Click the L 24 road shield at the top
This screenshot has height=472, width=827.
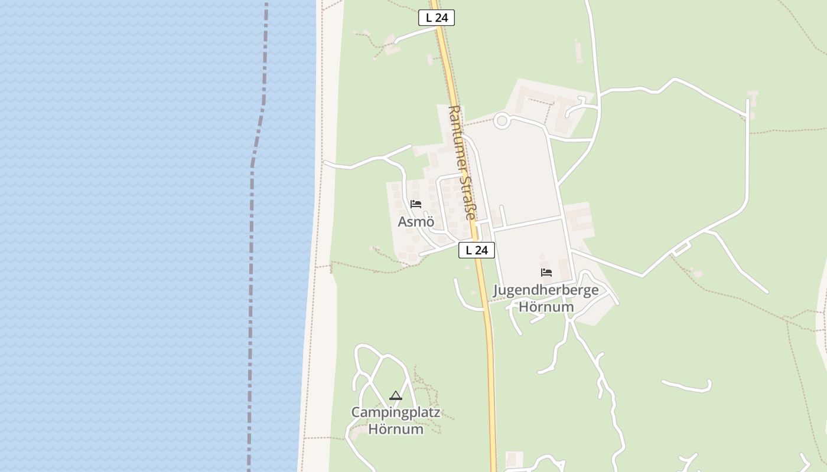[x=437, y=18]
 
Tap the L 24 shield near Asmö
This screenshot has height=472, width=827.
[x=476, y=250]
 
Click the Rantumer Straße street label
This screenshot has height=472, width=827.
[x=462, y=162]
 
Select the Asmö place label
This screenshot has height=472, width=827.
[x=416, y=222]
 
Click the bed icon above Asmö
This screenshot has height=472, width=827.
[x=416, y=205]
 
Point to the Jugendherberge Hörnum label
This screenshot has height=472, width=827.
[x=546, y=298]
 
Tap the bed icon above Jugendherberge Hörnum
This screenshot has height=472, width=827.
[x=546, y=273]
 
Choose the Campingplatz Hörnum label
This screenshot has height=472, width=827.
[x=396, y=420]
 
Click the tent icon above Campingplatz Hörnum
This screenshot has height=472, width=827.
[x=396, y=395]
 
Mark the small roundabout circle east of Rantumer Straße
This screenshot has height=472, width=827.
[x=502, y=121]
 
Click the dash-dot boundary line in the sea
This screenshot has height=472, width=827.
[x=252, y=236]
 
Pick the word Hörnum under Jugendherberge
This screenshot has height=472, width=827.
[x=546, y=307]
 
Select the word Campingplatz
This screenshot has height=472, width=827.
[x=396, y=412]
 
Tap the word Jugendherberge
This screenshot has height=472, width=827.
[x=546, y=290]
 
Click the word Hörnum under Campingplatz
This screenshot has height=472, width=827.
[x=396, y=429]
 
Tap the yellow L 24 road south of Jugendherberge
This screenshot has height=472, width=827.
[x=491, y=383]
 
